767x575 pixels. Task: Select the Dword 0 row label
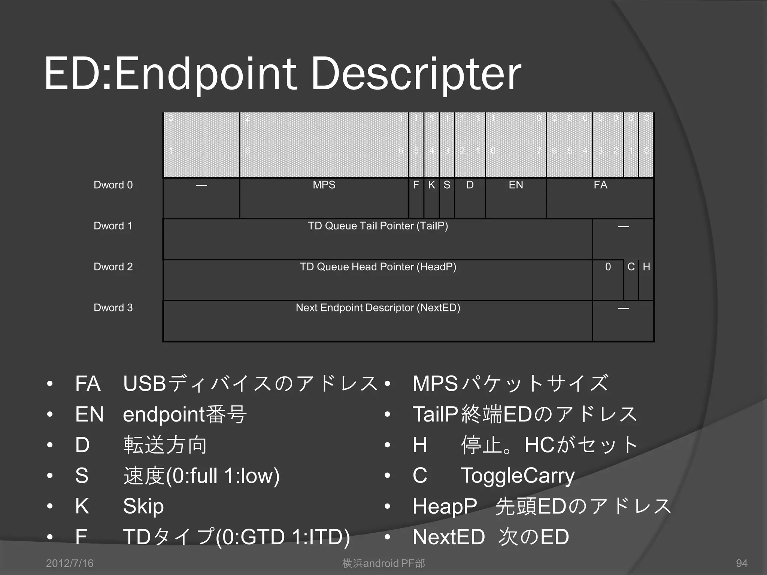pos(113,185)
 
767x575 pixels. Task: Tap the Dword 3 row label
pos(113,308)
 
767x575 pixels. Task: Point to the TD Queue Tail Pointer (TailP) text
pos(378,226)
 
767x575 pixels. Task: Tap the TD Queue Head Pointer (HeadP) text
pos(378,267)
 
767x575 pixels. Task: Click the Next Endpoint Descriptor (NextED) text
pos(378,308)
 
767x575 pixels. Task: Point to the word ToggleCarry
pos(518,476)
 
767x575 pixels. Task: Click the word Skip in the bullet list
pos(143,506)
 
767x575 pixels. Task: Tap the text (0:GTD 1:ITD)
pos(283,537)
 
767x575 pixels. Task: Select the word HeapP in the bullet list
pos(445,506)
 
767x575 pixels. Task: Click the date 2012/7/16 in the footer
pos(70,563)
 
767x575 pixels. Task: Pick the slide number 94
pos(742,563)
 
